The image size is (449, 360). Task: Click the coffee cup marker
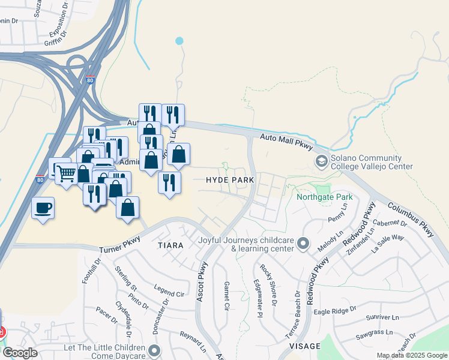[x=43, y=208]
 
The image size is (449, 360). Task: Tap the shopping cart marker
[x=66, y=173]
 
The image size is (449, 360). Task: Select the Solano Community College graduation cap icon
[x=322, y=161]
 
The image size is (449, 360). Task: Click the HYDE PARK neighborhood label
[x=230, y=180]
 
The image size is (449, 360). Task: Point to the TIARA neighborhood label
[x=170, y=245]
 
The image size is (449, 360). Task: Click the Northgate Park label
[x=324, y=197]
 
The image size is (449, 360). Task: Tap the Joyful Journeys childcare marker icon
[x=303, y=244]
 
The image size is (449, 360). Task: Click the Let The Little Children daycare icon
[x=155, y=350]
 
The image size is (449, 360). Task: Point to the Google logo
[x=20, y=353]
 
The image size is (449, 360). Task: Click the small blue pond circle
[x=179, y=41]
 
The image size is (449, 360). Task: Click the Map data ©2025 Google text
[x=412, y=355]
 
